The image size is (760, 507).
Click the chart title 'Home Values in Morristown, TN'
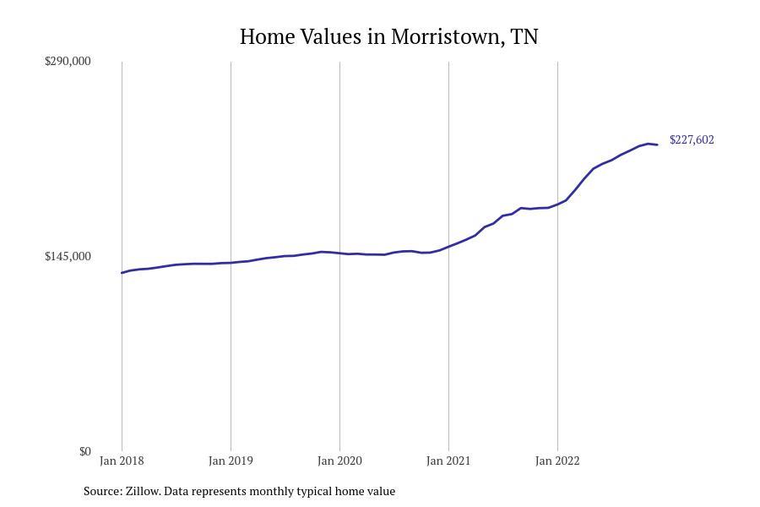pyautogui.click(x=388, y=37)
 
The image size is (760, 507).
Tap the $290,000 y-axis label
pyautogui.click(x=68, y=61)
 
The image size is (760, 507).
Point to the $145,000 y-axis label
pyautogui.click(x=68, y=256)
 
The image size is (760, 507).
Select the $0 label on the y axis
pyautogui.click(x=84, y=451)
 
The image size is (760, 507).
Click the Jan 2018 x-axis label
pyautogui.click(x=122, y=461)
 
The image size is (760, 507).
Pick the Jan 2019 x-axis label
pyautogui.click(x=231, y=461)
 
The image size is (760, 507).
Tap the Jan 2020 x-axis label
pyautogui.click(x=339, y=461)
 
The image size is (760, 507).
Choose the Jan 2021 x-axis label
pyautogui.click(x=448, y=461)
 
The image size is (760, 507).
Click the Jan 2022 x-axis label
pyautogui.click(x=557, y=461)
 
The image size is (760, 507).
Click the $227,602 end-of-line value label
pyautogui.click(x=692, y=140)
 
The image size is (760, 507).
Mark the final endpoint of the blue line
pyautogui.click(x=657, y=145)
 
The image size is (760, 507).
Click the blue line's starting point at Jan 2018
pyautogui.click(x=122, y=273)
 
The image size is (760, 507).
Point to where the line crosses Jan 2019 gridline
pyautogui.click(x=231, y=263)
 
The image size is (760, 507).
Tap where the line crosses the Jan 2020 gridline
pyautogui.click(x=339, y=253)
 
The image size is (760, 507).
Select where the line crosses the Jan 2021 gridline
pyautogui.click(x=448, y=247)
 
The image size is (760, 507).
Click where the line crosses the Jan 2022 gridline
pyautogui.click(x=557, y=204)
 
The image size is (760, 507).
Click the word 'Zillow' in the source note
pyautogui.click(x=143, y=491)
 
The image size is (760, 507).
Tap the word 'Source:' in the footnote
pyautogui.click(x=102, y=491)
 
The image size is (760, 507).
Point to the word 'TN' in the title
pyautogui.click(x=524, y=37)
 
